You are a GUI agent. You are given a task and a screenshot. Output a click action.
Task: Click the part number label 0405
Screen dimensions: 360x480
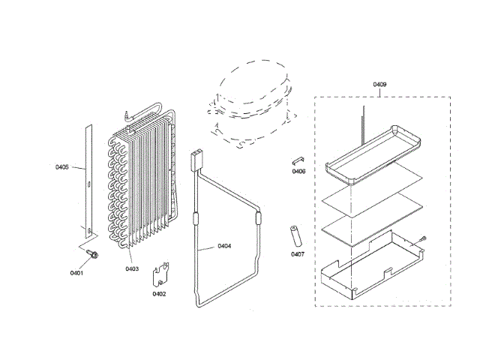pyautogui.click(x=62, y=166)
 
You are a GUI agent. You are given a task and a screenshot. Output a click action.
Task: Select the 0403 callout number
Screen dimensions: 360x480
pyautogui.click(x=132, y=268)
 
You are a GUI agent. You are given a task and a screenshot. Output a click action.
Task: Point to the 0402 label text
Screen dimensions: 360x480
pyautogui.click(x=159, y=293)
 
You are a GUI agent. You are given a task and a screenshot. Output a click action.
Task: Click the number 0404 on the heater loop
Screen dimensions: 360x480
pyautogui.click(x=224, y=246)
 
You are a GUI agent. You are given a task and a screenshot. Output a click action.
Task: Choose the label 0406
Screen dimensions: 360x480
pyautogui.click(x=298, y=172)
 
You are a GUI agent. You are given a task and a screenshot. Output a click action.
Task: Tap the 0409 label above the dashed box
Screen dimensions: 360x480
pyautogui.click(x=379, y=85)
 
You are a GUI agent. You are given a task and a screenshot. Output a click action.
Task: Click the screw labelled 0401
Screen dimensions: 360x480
pyautogui.click(x=92, y=254)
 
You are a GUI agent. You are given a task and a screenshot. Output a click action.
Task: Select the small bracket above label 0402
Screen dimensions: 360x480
pyautogui.click(x=160, y=274)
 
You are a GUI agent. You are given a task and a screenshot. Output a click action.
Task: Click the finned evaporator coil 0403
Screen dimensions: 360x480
pyautogui.click(x=142, y=184)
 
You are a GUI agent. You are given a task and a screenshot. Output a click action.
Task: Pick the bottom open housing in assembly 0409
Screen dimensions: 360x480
pyautogui.click(x=367, y=262)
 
